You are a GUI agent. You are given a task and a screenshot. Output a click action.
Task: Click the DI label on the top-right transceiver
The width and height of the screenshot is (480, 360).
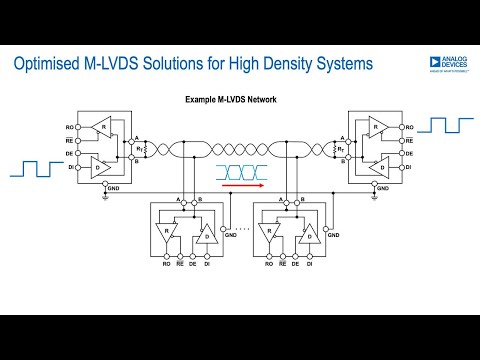411,168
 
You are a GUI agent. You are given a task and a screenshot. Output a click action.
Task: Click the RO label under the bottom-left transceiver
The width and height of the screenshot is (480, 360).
166,264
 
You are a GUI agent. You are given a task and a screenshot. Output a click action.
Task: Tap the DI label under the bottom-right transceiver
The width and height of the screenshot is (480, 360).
311,264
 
